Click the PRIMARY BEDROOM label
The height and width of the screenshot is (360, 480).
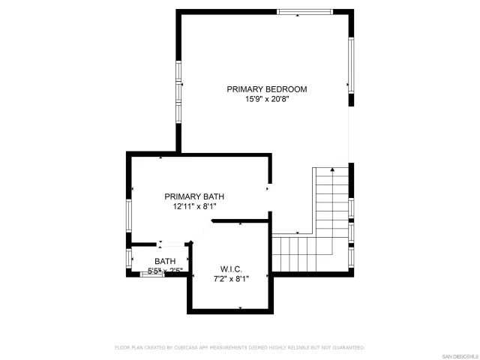(266, 89)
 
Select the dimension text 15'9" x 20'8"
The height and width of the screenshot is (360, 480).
(266, 100)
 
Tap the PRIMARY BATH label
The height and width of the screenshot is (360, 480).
(194, 196)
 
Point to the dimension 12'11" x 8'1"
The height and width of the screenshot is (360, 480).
(194, 207)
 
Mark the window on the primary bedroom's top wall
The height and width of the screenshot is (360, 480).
(304, 11)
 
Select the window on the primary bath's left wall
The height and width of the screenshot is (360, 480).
(128, 216)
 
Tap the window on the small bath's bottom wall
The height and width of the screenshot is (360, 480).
(152, 274)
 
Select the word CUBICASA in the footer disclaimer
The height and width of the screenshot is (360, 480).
(185, 348)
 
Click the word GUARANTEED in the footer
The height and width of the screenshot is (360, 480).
(347, 348)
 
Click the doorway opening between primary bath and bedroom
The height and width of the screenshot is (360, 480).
(270, 188)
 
